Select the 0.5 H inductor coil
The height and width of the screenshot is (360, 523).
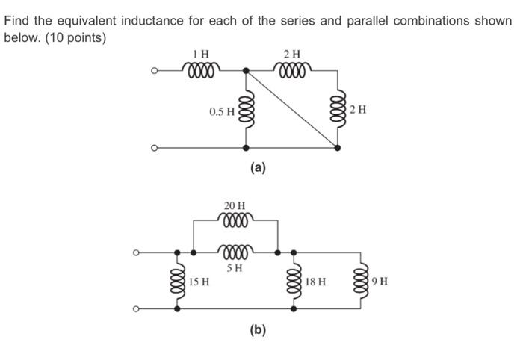[x=245, y=111]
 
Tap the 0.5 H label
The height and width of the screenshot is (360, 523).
[x=222, y=111]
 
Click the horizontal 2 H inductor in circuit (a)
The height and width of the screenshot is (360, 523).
[x=293, y=71]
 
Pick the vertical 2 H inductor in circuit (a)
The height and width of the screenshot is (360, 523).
[x=338, y=111]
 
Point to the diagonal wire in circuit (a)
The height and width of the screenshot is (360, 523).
[x=291, y=109]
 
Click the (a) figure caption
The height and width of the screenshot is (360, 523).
[x=258, y=168]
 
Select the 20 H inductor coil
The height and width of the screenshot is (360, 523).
[x=236, y=220]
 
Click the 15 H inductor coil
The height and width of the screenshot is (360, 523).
[x=177, y=282]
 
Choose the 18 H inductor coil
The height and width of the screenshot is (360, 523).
[x=292, y=282]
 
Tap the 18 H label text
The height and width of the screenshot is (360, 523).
[x=315, y=282]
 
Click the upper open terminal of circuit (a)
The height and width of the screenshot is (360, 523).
[x=155, y=72]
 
